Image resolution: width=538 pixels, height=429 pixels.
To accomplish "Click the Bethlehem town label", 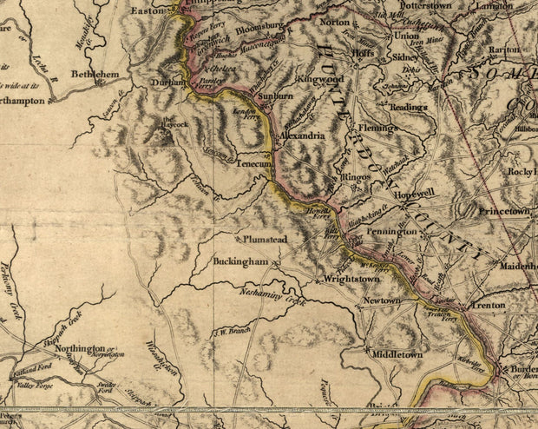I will pos(95,76).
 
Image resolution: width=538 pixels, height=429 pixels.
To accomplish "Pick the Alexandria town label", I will pos(302,136).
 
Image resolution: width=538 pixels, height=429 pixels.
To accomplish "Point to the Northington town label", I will pos(81,347).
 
